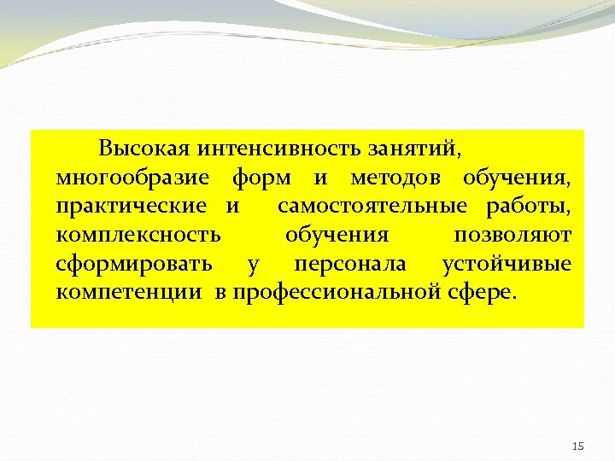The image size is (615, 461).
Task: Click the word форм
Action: click(x=261, y=178)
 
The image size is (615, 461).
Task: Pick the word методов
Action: click(x=396, y=178)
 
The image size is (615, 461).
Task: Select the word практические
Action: click(x=131, y=207)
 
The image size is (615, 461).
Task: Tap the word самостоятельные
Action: click(x=372, y=207)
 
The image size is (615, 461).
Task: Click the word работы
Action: click(x=529, y=207)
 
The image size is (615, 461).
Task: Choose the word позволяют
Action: click(x=513, y=235)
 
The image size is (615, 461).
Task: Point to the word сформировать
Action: click(x=134, y=264)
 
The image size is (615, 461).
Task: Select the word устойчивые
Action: click(x=507, y=264)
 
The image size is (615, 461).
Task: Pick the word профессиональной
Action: click(x=338, y=293)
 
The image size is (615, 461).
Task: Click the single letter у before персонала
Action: click(x=252, y=265)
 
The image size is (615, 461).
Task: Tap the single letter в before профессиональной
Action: click(x=221, y=293)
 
